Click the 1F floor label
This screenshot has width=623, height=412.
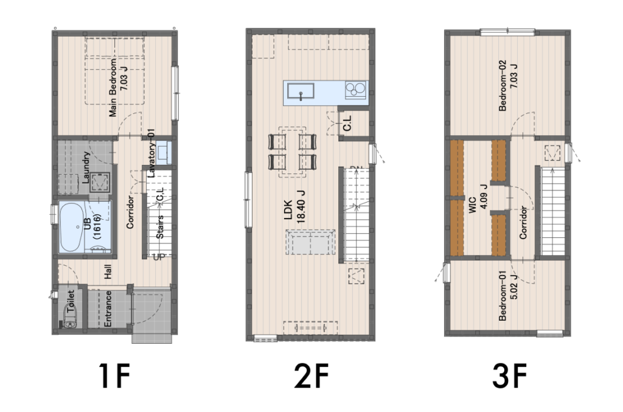[114, 375]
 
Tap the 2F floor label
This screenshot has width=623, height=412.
[311, 375]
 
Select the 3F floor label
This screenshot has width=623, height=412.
[510, 375]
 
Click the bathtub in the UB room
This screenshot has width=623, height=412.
[72, 227]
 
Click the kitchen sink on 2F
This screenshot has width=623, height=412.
[301, 91]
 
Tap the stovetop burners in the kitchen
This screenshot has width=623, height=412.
[355, 89]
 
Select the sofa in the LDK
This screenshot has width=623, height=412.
[310, 242]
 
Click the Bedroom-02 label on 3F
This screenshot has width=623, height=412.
[507, 85]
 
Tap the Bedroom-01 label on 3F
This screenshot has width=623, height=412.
[507, 296]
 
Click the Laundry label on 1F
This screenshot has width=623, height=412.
[86, 168]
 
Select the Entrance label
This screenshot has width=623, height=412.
[107, 309]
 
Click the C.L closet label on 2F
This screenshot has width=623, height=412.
[347, 124]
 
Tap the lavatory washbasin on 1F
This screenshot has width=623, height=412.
[164, 153]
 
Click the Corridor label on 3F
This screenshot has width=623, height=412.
[523, 223]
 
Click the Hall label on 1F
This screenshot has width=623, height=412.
[108, 272]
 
